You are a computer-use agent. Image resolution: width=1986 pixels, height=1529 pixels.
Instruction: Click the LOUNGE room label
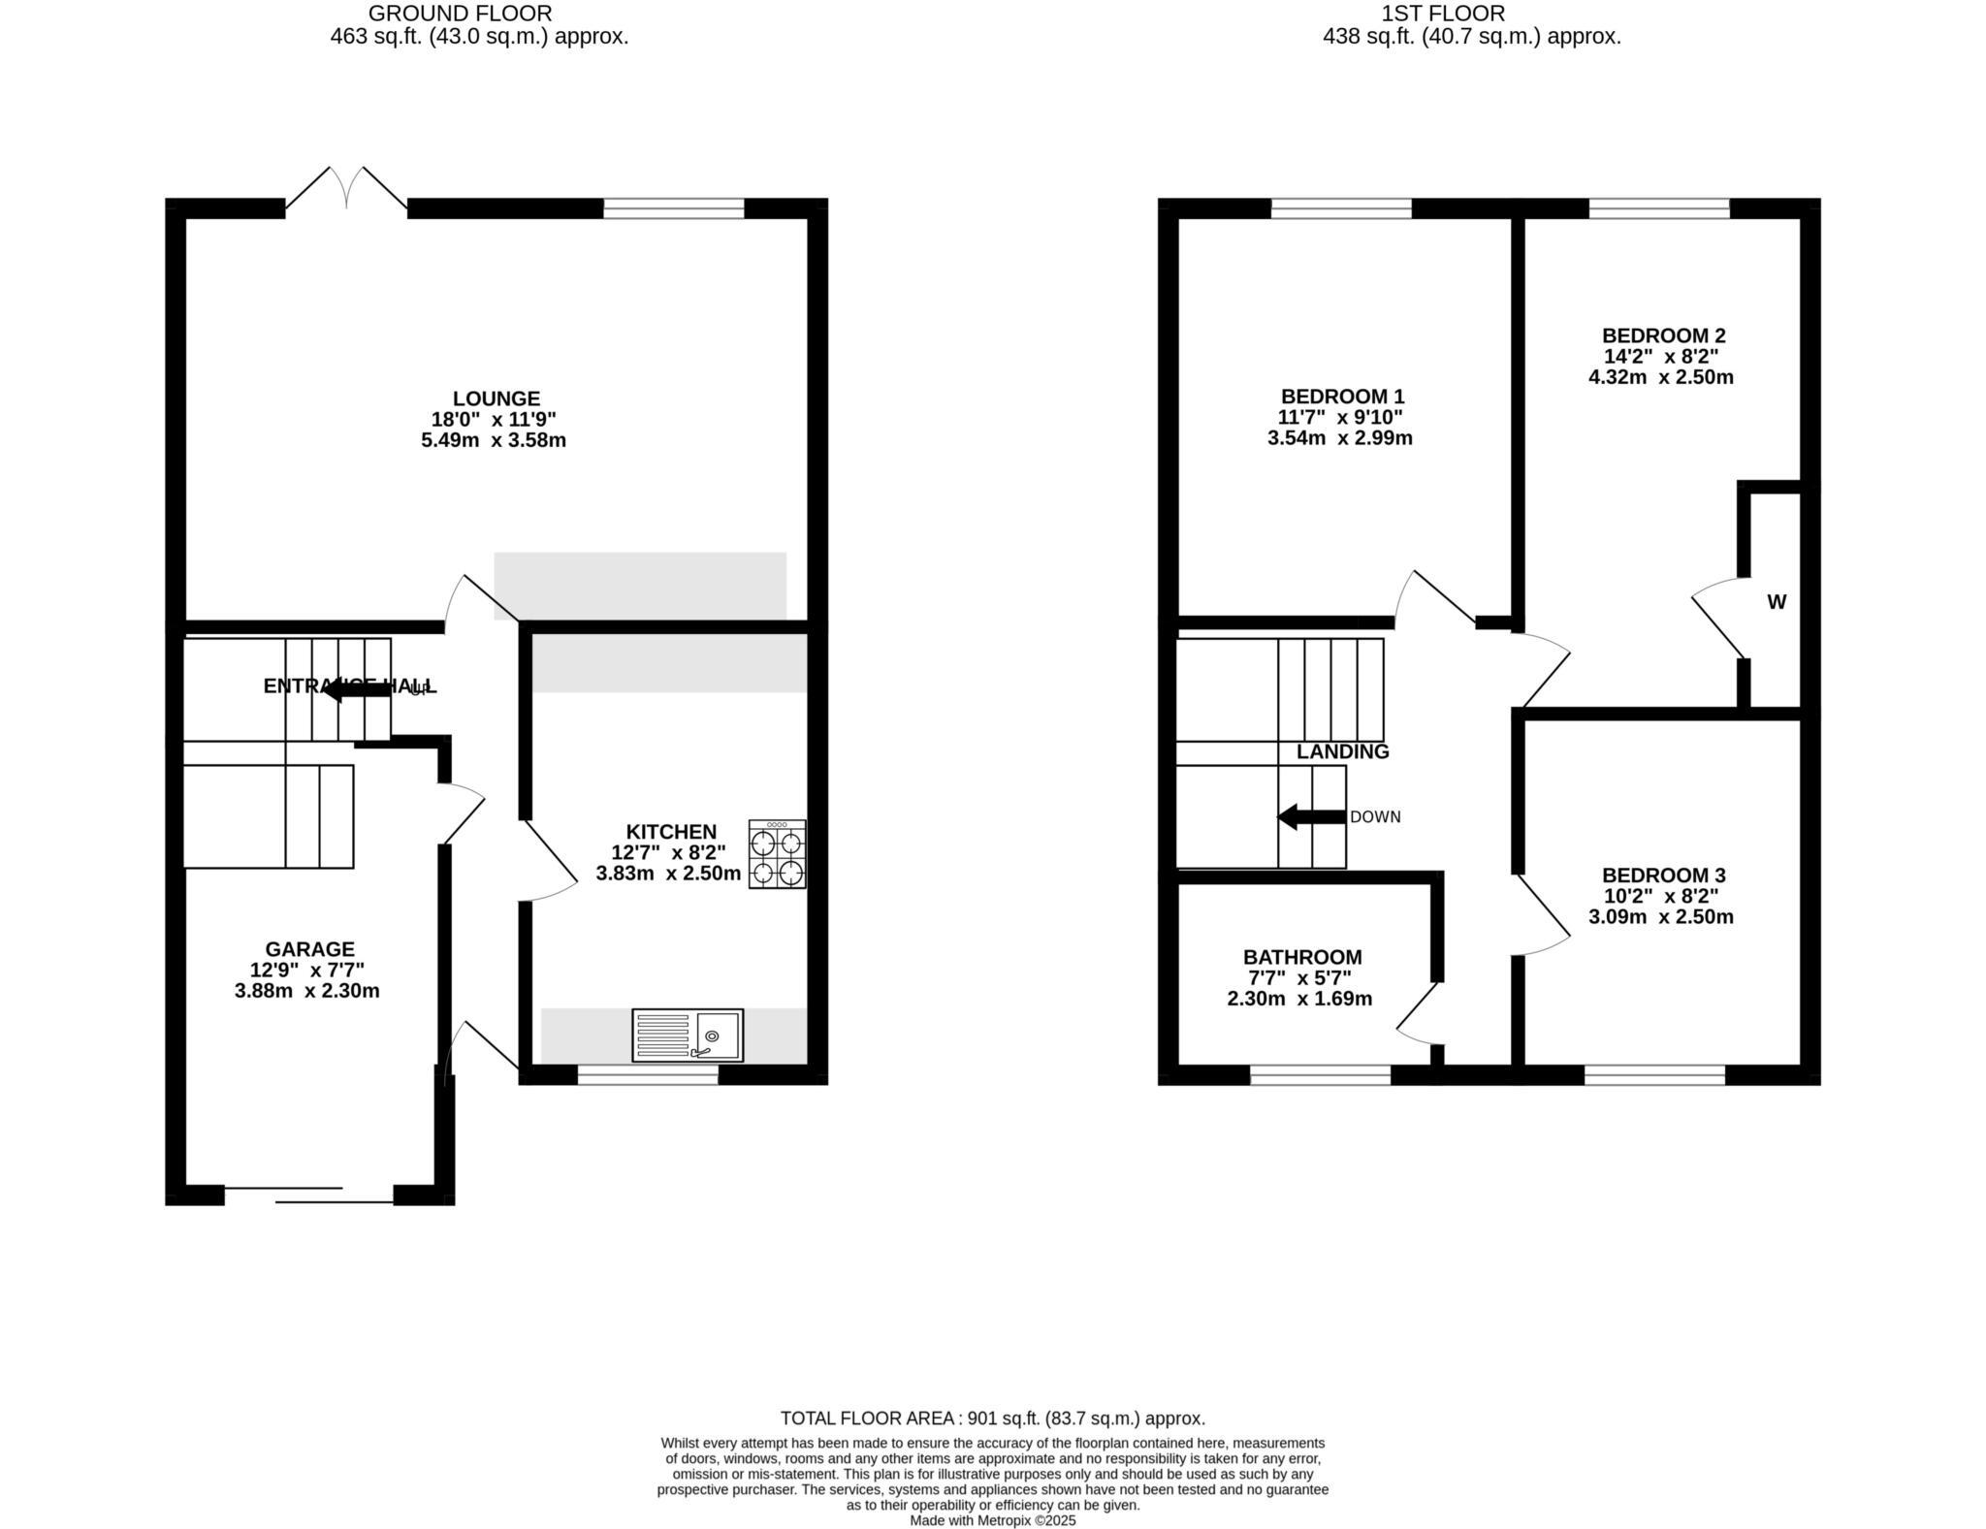496,398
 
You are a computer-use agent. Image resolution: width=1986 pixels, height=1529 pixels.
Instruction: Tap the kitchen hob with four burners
777,854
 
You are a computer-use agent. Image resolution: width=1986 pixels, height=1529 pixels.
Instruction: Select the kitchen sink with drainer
688,1035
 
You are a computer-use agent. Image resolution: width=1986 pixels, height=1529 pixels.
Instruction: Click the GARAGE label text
309,949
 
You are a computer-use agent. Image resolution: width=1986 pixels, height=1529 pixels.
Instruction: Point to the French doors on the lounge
346,189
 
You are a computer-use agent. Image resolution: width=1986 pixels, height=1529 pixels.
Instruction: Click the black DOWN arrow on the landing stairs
1310,816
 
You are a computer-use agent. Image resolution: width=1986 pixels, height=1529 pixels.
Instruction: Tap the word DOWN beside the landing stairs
1375,817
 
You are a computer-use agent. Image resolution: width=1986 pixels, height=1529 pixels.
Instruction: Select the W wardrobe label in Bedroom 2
1777,602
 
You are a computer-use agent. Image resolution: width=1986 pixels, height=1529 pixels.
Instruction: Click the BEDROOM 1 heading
1342,397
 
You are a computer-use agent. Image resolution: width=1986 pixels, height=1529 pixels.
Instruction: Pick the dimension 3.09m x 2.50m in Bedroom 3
1660,916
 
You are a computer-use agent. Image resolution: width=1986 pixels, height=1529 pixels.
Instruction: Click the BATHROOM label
1302,957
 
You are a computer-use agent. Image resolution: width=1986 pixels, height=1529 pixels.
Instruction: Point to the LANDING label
1342,751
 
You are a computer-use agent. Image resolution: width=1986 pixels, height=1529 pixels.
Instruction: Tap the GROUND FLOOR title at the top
461,14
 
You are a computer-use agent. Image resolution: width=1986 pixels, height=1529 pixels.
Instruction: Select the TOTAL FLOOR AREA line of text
992,1418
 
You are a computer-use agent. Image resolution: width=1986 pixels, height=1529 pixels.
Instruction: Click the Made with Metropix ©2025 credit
992,1520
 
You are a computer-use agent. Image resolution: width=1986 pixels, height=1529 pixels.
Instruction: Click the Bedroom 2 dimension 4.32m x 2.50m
1660,377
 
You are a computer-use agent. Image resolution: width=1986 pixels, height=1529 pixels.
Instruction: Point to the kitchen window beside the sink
648,1074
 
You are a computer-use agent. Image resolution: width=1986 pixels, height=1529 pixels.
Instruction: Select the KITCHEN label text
671,832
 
